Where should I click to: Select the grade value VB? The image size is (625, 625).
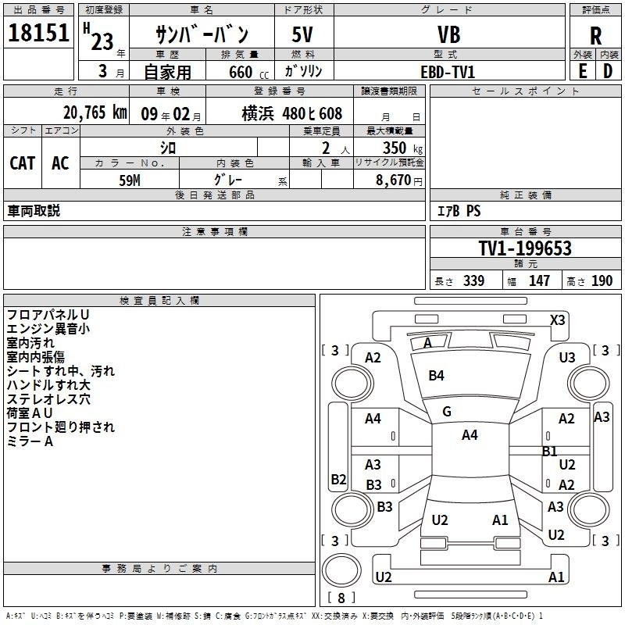point(448,36)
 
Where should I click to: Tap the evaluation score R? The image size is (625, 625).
point(595,36)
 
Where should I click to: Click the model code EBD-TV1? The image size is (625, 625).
point(448,71)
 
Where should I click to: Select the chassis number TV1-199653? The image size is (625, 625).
point(524,248)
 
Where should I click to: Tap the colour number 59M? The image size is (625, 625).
point(129,179)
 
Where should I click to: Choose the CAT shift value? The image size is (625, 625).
point(22,162)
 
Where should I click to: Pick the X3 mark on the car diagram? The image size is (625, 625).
point(557,320)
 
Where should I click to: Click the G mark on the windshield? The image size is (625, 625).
point(447,411)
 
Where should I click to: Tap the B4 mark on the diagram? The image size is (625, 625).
point(436,376)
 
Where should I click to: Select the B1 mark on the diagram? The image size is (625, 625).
point(549,451)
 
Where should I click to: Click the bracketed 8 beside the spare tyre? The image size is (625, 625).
point(341,598)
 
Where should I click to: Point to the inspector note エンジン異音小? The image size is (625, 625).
point(48,329)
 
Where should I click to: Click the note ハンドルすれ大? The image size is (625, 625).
point(48,385)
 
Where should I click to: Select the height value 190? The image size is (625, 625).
point(602,280)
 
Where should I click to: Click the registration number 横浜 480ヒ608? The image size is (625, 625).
point(292,112)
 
